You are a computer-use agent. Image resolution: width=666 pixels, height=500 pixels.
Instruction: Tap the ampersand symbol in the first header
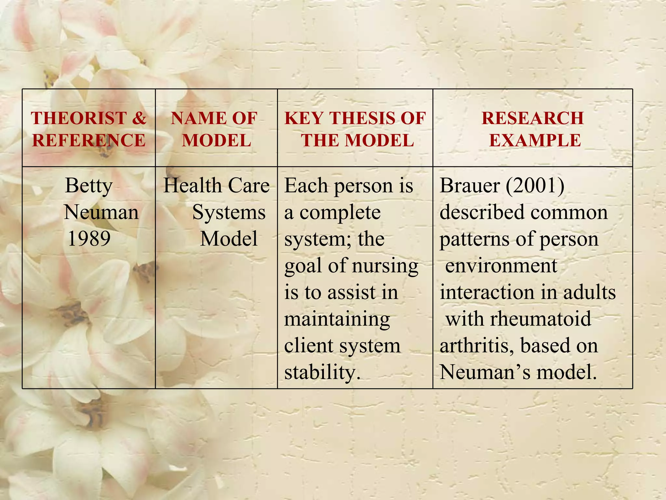click(139, 118)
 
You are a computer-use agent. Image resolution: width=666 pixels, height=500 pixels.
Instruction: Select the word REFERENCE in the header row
click(89, 141)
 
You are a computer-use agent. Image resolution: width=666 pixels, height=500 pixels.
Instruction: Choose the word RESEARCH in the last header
click(533, 118)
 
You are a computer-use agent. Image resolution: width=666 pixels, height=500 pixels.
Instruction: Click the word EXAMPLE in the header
click(535, 141)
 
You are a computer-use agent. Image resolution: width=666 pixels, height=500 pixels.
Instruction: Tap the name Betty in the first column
click(89, 186)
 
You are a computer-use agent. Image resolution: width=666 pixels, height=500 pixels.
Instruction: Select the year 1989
click(89, 239)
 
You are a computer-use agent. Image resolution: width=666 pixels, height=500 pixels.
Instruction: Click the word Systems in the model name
click(229, 213)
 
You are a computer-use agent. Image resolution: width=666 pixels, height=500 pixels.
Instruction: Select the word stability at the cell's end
click(322, 372)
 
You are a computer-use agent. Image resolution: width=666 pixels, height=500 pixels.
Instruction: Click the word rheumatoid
click(540, 319)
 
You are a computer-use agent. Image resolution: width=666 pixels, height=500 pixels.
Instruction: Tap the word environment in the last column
click(501, 266)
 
